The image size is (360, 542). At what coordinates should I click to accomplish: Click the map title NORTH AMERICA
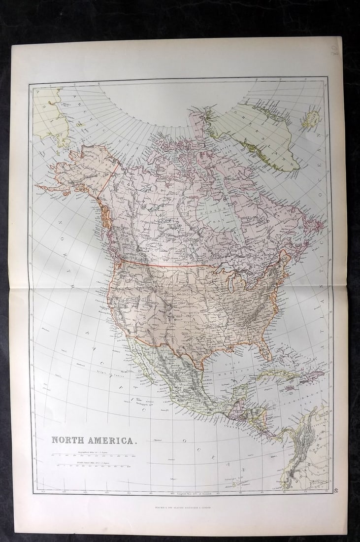tap(93, 440)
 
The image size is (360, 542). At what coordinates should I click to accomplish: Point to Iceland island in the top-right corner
tap(311, 120)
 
